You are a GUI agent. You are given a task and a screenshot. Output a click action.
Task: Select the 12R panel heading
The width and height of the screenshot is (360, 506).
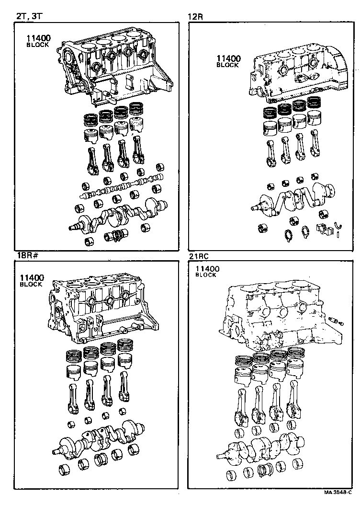pos(196,17)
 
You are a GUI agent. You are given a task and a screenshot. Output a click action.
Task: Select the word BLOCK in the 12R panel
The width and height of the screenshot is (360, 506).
pos(227,65)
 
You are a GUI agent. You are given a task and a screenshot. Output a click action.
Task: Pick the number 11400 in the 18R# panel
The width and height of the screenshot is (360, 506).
pos(32,278)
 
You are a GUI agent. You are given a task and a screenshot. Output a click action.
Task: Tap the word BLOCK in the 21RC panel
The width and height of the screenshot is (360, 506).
pos(206,275)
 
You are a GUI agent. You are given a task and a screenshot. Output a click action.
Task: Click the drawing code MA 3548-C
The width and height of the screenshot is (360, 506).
pos(338,493)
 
